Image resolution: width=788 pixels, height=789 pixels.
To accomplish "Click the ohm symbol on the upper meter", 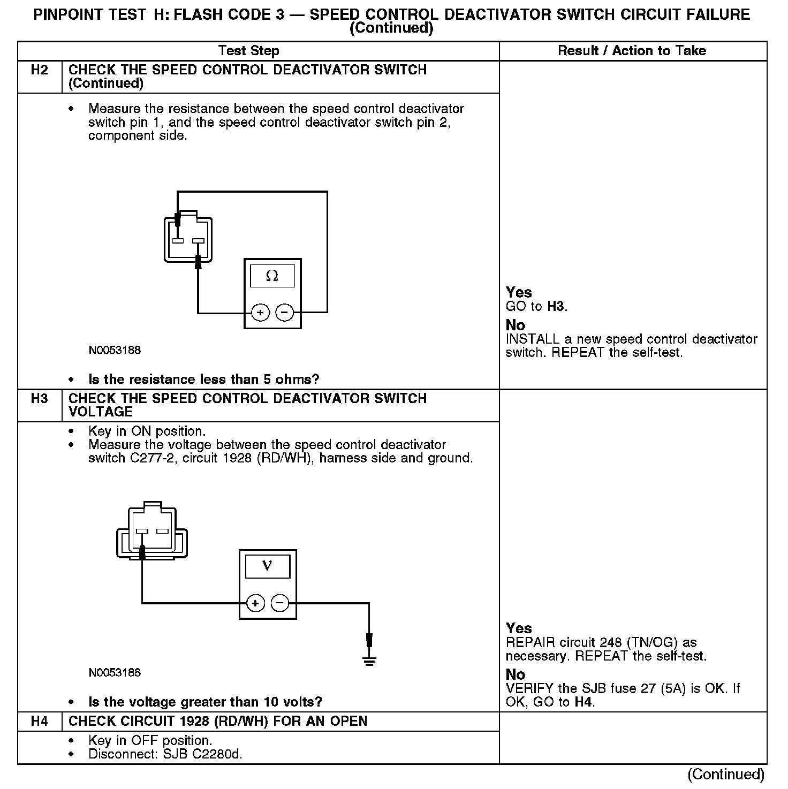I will [272, 276].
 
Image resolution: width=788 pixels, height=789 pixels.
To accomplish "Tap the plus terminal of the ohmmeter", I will [260, 312].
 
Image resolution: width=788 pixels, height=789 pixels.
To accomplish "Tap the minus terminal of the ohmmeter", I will [285, 312].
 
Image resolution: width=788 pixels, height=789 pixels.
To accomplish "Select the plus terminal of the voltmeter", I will [255, 603].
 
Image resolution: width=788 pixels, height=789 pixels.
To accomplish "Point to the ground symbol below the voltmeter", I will [369, 659].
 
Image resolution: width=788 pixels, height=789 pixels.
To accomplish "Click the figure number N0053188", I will [115, 351].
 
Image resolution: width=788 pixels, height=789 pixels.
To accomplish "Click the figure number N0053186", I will [115, 673].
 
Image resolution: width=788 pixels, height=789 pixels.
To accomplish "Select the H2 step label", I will [40, 70].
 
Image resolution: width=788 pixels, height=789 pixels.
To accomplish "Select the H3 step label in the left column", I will [40, 399].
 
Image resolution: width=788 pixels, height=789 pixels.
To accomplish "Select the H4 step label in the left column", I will [40, 722].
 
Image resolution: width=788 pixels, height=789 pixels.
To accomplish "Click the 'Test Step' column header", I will [249, 51].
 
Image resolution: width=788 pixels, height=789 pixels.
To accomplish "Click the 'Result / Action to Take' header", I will [632, 51].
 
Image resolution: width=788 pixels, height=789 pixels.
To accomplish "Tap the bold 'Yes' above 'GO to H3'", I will [519, 292].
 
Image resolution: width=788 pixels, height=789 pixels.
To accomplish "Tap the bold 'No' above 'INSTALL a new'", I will [516, 325].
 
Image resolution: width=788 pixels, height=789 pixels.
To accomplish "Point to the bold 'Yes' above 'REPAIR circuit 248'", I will [519, 628].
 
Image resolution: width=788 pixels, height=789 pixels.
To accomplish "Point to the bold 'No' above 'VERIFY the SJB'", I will [516, 674].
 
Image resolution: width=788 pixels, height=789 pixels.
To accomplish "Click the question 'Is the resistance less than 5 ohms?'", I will [203, 380].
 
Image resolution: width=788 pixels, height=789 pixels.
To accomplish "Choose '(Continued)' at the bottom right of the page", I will [726, 774].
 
